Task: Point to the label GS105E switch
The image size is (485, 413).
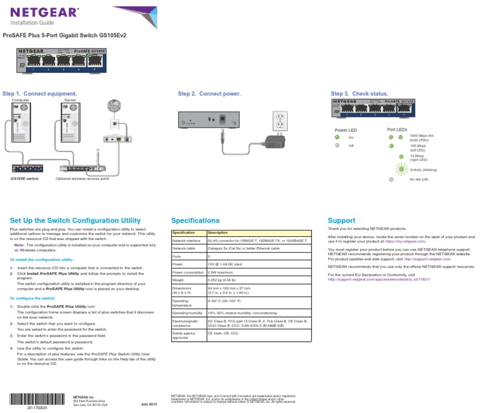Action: coord(25,179)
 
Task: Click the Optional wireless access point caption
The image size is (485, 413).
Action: coord(82,179)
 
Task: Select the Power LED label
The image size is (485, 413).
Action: coord(345,129)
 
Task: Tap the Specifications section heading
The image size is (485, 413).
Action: coord(196,220)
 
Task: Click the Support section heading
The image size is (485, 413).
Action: coord(341,220)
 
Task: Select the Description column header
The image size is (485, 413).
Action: coord(218,232)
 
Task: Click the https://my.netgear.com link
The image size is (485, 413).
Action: coord(405,241)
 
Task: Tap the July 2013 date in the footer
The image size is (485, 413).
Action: coord(148,404)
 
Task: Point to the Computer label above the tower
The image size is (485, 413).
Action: coord(21,100)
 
